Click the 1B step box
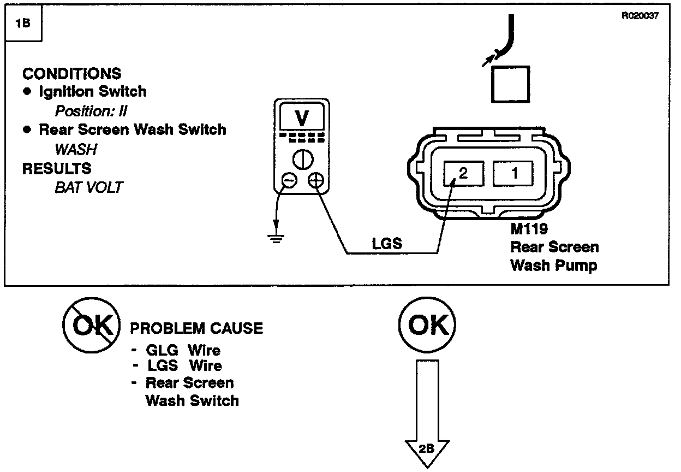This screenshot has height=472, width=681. pos(23,25)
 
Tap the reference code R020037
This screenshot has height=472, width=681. pos(640,16)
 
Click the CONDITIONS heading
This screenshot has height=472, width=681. pos(71,74)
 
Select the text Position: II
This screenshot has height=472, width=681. pos(91,111)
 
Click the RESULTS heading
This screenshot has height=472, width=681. pos(57,168)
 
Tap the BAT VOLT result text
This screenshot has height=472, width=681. pos(88,187)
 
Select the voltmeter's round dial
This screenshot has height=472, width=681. pos(302,159)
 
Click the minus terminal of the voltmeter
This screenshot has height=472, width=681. pos(289,181)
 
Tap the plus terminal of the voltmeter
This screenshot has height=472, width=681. pos(315,181)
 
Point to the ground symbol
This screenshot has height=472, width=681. pos(276,237)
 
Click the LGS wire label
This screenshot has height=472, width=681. pos(387,244)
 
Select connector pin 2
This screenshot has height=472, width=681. pos(463,174)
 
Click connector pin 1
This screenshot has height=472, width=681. pos(513,174)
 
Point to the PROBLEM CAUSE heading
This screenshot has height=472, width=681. pos(196,328)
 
